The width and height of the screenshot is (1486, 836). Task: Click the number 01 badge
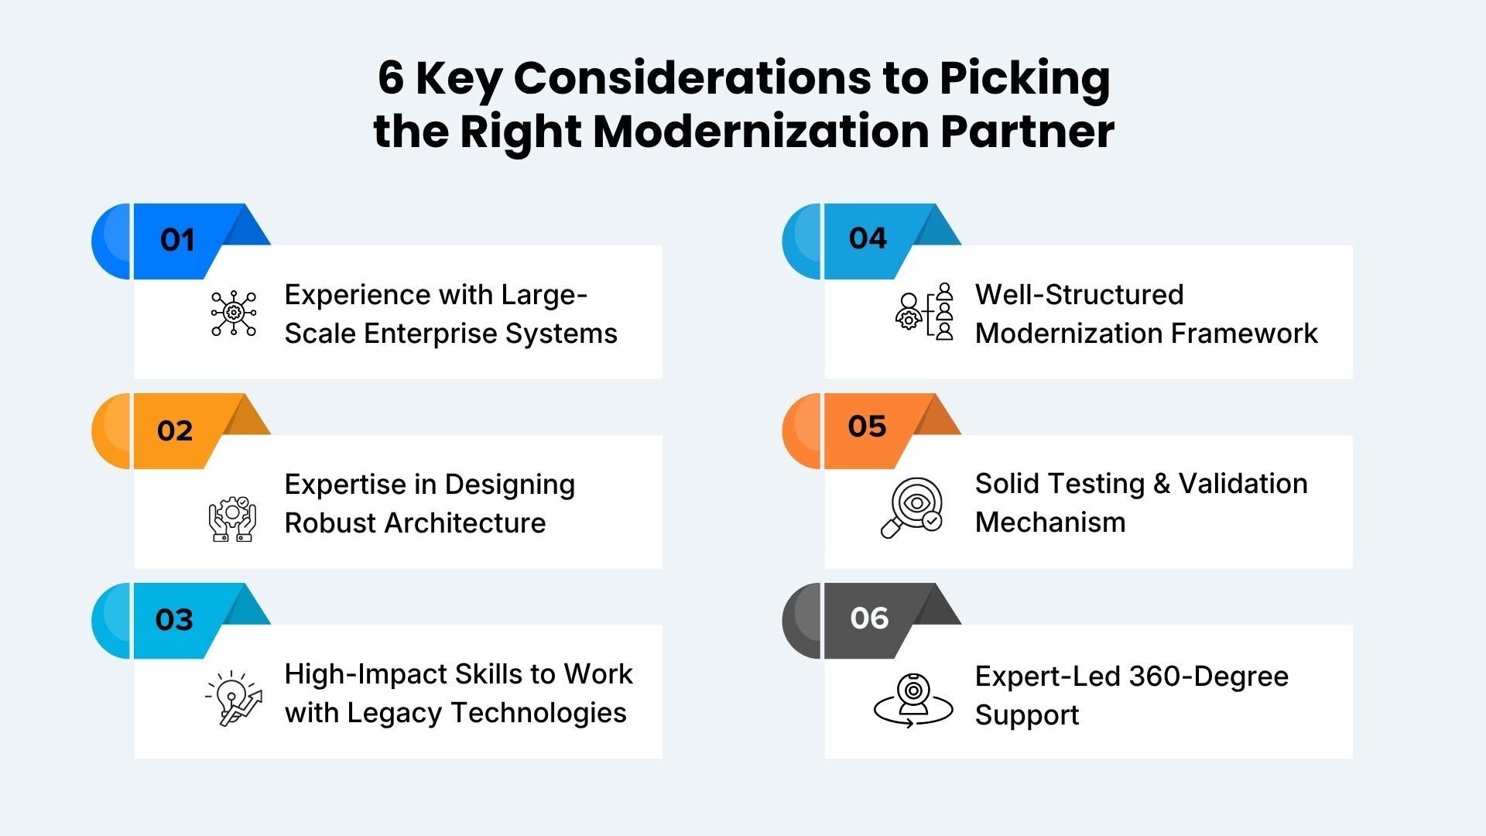177,240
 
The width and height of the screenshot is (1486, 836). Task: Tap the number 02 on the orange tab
175,430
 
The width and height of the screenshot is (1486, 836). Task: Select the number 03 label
174,619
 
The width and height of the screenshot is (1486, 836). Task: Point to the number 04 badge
868,238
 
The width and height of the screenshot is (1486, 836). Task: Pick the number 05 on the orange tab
867,427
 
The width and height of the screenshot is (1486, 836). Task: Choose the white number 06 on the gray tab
869,618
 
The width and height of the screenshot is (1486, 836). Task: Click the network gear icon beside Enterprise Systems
233,313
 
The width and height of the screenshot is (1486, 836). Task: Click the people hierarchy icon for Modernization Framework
925,312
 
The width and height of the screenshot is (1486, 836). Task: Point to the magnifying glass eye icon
912,508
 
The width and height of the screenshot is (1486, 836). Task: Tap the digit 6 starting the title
391,78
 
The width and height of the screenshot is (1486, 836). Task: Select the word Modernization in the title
762,131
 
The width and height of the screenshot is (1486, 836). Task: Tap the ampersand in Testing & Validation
1162,484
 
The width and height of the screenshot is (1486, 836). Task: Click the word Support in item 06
1026,715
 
